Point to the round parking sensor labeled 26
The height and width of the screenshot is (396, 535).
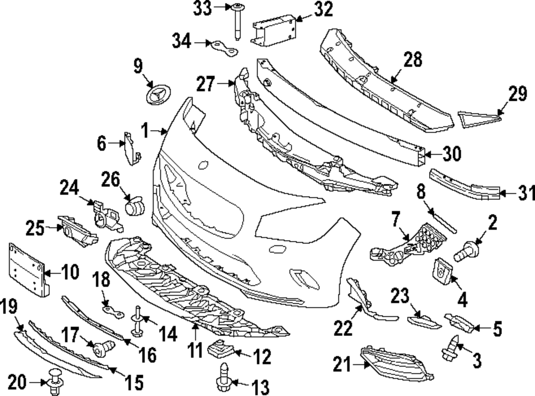(x=134, y=206)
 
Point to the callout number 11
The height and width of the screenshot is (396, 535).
(x=195, y=350)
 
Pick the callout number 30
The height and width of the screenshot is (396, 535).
(x=452, y=154)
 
